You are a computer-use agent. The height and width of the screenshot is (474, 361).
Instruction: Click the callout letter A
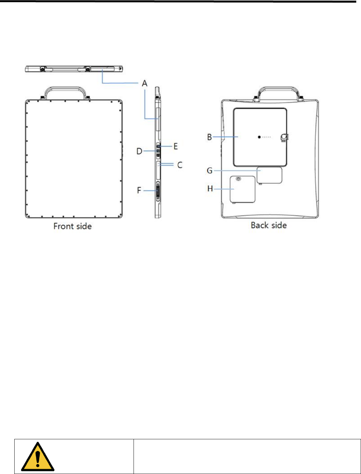coord(145,83)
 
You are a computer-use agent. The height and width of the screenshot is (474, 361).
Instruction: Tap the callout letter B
coord(209,137)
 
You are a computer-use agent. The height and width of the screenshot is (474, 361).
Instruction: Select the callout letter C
coord(180,165)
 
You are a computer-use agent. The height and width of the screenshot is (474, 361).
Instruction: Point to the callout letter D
coord(139,151)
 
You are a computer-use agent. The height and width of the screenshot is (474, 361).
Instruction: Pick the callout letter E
coord(176,146)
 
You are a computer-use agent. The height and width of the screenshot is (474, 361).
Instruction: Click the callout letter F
coord(139,190)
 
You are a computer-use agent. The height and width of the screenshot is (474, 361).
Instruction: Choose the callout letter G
coord(210,171)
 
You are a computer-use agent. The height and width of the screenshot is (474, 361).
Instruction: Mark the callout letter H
coord(210,188)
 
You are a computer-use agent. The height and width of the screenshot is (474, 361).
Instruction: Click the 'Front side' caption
coord(72,226)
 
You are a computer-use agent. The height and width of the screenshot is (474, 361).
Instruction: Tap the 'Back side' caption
coord(269,225)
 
